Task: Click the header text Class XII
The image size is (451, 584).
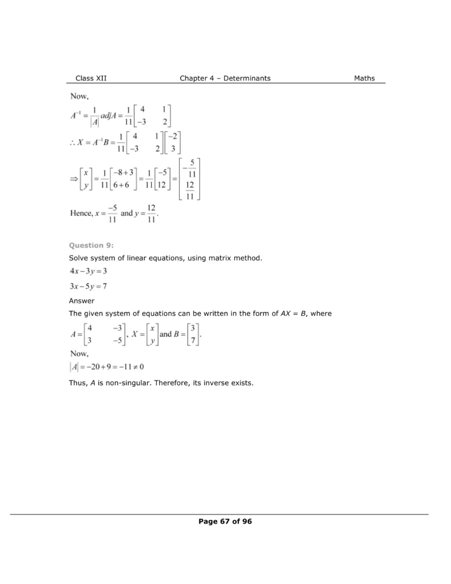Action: (x=91, y=78)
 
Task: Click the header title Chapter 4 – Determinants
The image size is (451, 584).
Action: (x=225, y=78)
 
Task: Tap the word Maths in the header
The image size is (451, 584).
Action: (x=364, y=78)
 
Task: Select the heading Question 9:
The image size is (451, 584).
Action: (x=91, y=245)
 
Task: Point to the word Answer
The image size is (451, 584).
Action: (x=82, y=301)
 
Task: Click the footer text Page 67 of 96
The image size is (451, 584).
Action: (x=225, y=521)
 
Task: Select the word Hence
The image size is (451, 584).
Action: (x=81, y=213)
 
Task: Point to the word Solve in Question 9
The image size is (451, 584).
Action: (x=79, y=258)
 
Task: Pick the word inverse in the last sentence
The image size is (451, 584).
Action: (x=219, y=383)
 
